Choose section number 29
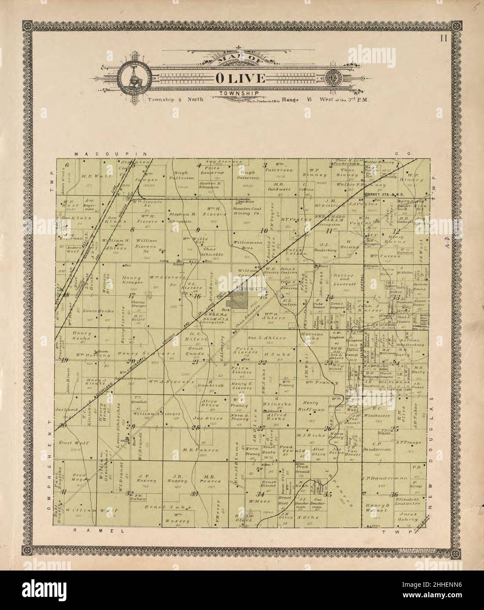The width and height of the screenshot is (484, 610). (x=130, y=426)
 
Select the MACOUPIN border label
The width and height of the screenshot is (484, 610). (x=97, y=154)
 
